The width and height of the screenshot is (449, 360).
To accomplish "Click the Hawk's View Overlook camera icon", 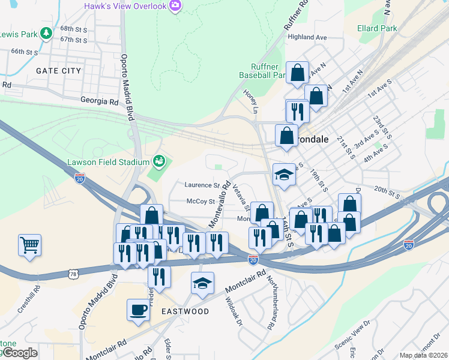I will click(175, 7).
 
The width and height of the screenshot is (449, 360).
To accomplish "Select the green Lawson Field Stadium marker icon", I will click(159, 161).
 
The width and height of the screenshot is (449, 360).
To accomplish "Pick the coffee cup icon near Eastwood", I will click(138, 310).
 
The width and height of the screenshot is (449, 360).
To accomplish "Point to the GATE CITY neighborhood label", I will click(58, 71).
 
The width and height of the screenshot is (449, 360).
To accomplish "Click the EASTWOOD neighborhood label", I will click(185, 311).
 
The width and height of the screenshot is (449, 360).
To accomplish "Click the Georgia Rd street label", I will click(100, 102).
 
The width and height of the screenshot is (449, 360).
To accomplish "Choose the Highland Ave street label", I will click(307, 37).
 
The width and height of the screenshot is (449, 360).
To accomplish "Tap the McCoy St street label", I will click(200, 202).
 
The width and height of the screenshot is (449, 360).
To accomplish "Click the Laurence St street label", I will click(202, 185).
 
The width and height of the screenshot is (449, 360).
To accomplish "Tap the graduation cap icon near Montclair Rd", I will click(202, 283).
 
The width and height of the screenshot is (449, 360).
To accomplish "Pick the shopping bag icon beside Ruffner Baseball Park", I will click(297, 73).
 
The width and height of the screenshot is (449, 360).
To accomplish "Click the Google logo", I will click(19, 353).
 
